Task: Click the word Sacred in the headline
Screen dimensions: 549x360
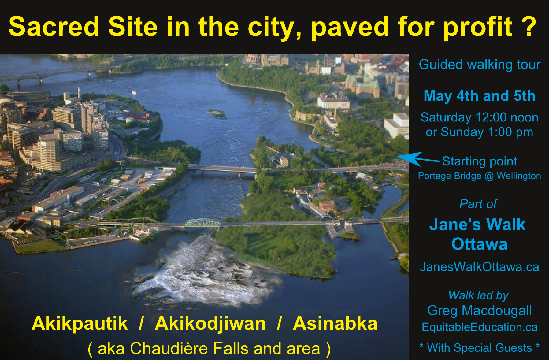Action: (x=54, y=27)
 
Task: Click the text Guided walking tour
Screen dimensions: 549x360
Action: (x=480, y=65)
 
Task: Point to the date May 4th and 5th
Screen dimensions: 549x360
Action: (x=480, y=96)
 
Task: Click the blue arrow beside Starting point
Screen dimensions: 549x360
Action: (x=418, y=159)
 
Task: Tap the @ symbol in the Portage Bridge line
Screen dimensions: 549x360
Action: (x=489, y=176)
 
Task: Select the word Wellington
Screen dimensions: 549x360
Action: (x=519, y=176)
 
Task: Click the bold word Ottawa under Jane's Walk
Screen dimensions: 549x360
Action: (x=480, y=244)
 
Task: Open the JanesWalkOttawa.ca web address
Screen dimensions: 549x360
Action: (x=480, y=267)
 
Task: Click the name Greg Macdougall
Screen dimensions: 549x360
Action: (x=480, y=311)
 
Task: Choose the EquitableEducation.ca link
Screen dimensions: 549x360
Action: (x=480, y=327)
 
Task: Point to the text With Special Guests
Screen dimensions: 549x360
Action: (x=480, y=348)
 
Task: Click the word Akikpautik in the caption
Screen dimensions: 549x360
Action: (x=80, y=324)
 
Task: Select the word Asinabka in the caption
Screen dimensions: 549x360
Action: (x=335, y=324)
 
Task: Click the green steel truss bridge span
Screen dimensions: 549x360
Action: (x=202, y=223)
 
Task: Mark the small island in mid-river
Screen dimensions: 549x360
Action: (x=217, y=114)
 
